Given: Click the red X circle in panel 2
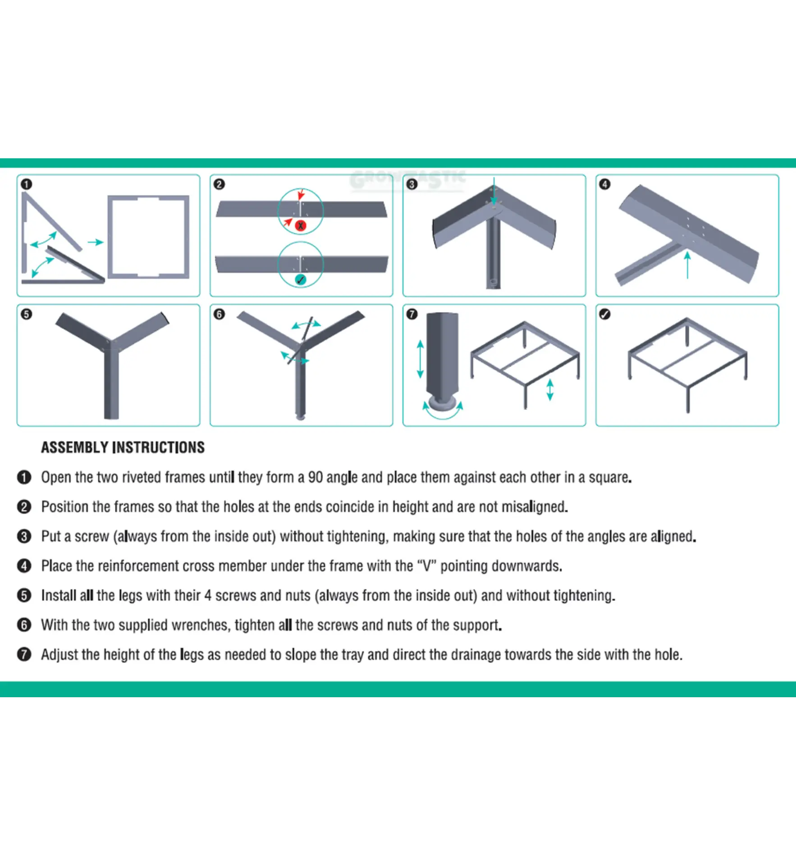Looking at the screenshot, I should pyautogui.click(x=301, y=226).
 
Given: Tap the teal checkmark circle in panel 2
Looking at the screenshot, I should pyautogui.click(x=301, y=280).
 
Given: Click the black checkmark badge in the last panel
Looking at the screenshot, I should pyautogui.click(x=605, y=314).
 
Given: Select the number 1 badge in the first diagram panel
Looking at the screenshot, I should pyautogui.click(x=27, y=184).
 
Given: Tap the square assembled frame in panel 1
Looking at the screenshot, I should pyautogui.click(x=148, y=236).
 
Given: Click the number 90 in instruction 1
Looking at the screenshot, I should pyautogui.click(x=315, y=477).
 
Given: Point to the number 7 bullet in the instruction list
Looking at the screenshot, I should pyautogui.click(x=24, y=654).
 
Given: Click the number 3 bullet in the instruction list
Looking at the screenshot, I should pyautogui.click(x=24, y=536).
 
